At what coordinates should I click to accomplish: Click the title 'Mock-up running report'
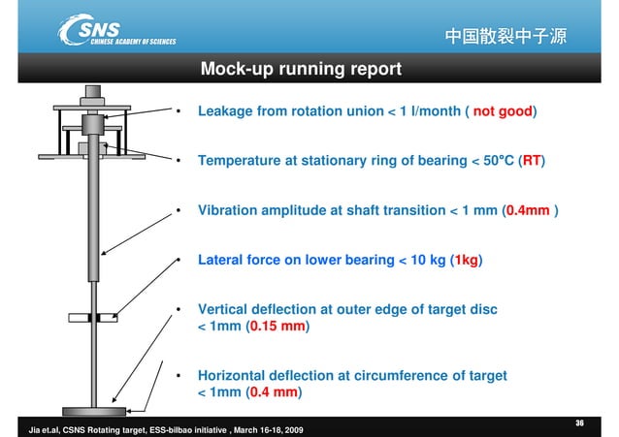300,69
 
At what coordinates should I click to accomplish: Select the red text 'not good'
503,111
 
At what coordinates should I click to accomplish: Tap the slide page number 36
579,422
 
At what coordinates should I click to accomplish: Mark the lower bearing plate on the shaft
94,317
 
